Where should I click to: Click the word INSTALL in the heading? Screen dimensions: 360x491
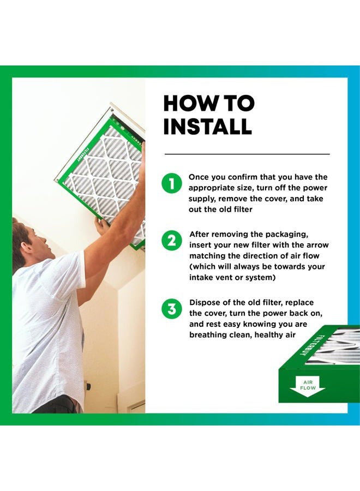[x=208, y=126]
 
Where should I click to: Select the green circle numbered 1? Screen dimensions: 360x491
[x=172, y=183]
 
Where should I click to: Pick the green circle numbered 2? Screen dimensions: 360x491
[x=172, y=241]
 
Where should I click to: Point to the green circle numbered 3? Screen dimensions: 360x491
[x=172, y=309]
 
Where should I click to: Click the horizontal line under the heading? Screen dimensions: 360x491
[x=247, y=154]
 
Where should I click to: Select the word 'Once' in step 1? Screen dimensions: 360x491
[x=199, y=177]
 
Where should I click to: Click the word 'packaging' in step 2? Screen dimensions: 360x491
[x=287, y=235]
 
